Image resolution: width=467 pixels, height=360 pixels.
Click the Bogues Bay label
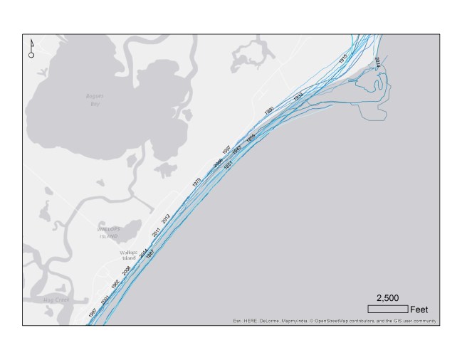pos(94,99)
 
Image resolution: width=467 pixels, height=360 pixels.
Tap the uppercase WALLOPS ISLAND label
pos(110,231)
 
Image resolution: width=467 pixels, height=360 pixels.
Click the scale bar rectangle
pos(387,309)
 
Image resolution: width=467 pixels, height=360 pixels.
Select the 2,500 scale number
pos(387,298)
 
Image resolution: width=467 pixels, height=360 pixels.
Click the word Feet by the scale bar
pos(419,309)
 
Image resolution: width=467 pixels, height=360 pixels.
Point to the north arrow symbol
pos(31,48)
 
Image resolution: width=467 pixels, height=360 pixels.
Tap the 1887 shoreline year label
pos(149,256)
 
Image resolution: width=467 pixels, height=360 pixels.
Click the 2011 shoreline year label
pos(156,231)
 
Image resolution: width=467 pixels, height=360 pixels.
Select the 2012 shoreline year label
pos(166,218)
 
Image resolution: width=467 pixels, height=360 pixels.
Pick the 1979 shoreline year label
pos(196,182)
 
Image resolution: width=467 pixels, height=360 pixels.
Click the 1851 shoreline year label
pos(229,165)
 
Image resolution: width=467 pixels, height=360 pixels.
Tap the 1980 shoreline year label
pos(268,111)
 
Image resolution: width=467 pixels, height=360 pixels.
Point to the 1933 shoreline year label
pos(298,95)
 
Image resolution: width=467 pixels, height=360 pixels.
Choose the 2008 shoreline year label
pos(126,271)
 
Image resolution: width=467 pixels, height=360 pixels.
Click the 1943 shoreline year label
pos(236,151)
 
